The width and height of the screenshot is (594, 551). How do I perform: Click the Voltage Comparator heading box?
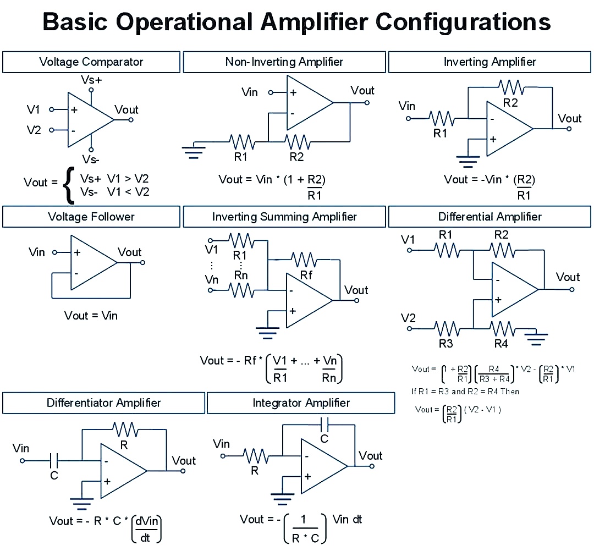click(x=91, y=62)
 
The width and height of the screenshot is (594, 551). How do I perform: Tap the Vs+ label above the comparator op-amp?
click(x=91, y=80)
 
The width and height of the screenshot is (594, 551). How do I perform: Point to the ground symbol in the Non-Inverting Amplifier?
click(x=194, y=150)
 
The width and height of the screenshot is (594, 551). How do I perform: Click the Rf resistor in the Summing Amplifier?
click(x=304, y=259)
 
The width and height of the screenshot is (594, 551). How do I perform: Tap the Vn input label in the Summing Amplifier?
click(x=212, y=280)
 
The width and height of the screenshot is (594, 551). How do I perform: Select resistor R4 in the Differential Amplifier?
click(x=502, y=329)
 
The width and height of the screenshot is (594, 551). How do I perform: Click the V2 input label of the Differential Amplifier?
click(x=409, y=318)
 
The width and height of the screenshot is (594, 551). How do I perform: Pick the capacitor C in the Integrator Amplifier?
click(x=324, y=425)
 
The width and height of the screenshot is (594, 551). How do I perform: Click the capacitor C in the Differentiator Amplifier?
click(x=54, y=460)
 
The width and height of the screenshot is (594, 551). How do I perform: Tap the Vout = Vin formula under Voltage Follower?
click(x=91, y=316)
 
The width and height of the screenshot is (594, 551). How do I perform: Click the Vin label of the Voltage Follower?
click(x=37, y=252)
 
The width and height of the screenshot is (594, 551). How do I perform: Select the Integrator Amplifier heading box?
click(x=301, y=403)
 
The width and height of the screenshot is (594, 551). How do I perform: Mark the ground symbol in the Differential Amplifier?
click(x=536, y=337)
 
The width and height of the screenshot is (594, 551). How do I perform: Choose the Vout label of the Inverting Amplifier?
click(x=569, y=119)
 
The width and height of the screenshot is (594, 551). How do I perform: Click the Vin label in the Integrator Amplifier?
click(x=222, y=443)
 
